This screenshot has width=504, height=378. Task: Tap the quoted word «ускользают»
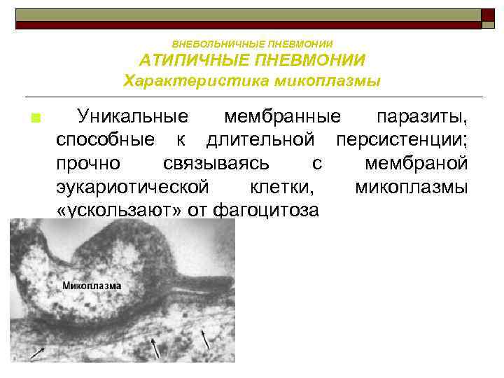tap(118, 210)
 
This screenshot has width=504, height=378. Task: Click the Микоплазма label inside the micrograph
tap(92, 286)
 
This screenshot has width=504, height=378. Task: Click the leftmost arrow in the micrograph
tap(36, 353)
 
